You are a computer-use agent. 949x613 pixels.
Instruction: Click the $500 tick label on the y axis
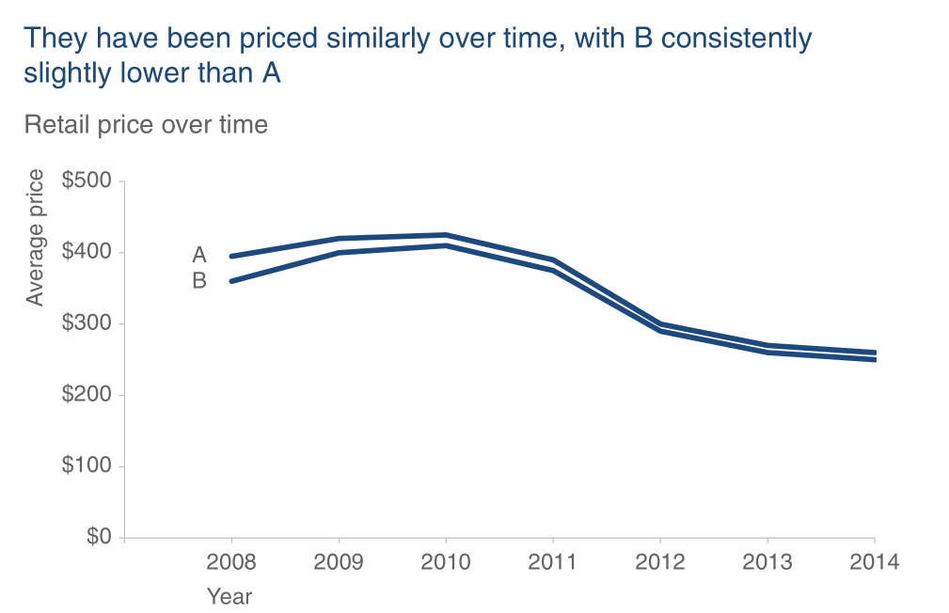(x=87, y=181)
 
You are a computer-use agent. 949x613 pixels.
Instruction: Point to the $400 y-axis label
(x=87, y=253)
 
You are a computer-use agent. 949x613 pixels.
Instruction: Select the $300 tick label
(x=87, y=324)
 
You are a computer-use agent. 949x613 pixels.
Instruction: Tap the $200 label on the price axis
(x=87, y=396)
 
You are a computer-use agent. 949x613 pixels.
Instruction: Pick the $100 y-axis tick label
(x=87, y=467)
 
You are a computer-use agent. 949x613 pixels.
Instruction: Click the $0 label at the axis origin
(x=97, y=538)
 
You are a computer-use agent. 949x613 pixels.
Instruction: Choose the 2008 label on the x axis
(x=231, y=563)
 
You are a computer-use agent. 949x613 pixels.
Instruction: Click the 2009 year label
(x=339, y=563)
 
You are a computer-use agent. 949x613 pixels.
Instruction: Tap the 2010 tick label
(x=446, y=563)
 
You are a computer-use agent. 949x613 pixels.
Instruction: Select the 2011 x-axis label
(x=553, y=563)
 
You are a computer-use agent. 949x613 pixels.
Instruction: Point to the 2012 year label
(x=660, y=563)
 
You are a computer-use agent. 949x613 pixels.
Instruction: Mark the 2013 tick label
(x=767, y=563)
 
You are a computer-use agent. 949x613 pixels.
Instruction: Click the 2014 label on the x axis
(x=875, y=563)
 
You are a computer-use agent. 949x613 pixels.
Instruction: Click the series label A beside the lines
(x=199, y=255)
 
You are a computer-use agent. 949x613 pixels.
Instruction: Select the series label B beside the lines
(x=199, y=280)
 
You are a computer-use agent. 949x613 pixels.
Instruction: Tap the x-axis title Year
(x=230, y=596)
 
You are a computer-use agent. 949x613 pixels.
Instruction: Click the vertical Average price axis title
(x=36, y=238)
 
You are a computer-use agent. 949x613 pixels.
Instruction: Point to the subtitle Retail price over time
(x=146, y=125)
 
